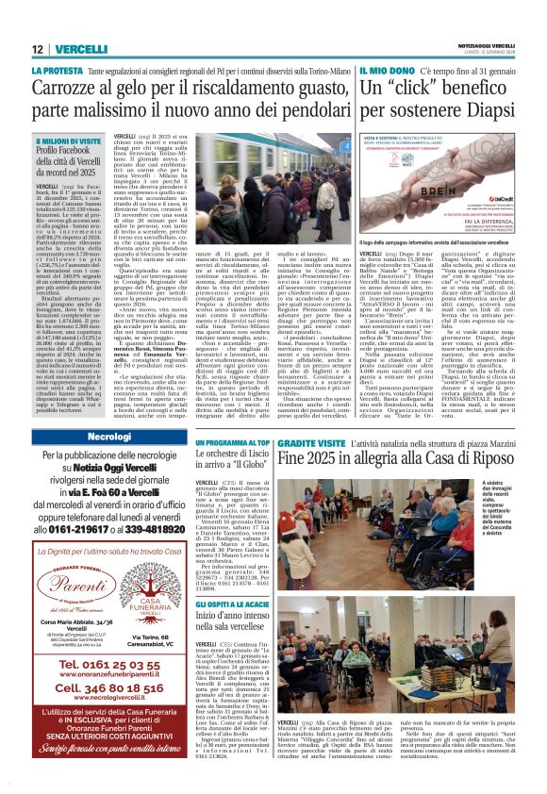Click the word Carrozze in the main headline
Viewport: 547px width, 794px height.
[x=71, y=89]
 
